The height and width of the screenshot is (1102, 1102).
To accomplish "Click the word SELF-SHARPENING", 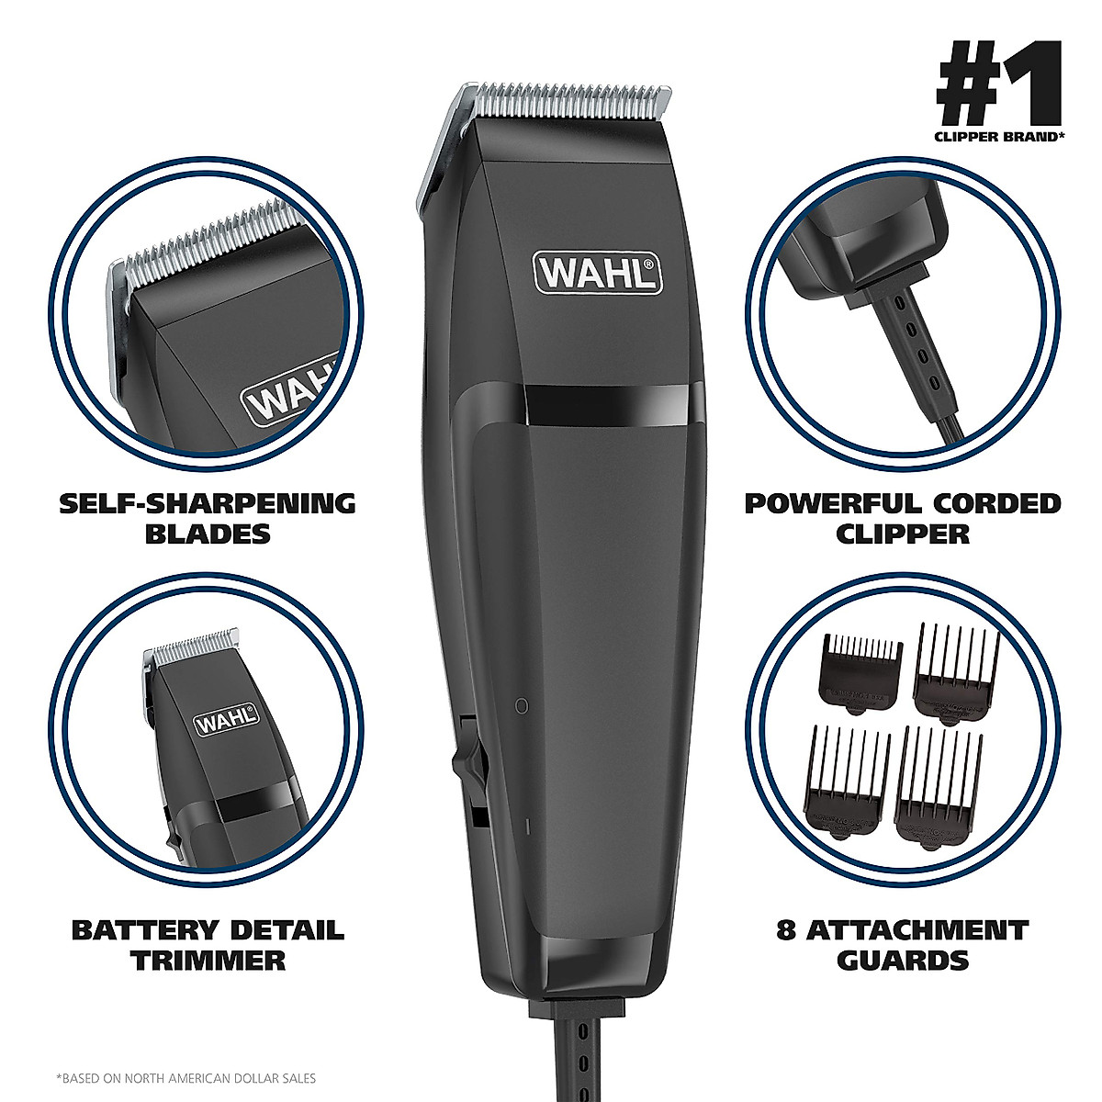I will tap(207, 503).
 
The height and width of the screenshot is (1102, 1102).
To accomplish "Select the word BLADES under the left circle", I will tap(208, 534).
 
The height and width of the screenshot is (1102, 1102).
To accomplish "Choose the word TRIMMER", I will tap(208, 961).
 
